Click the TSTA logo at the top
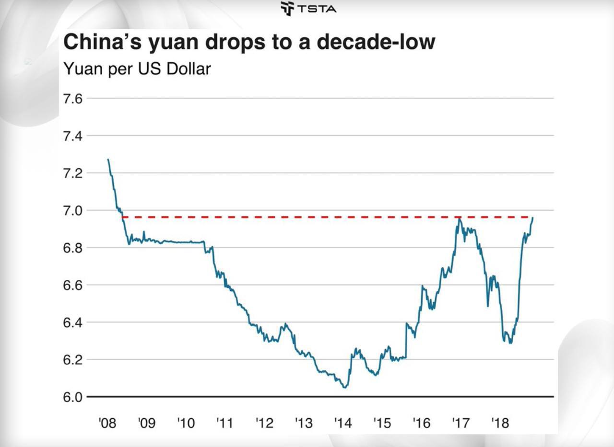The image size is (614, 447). [308, 8]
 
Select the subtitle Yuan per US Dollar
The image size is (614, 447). [137, 69]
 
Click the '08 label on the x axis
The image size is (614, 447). [107, 424]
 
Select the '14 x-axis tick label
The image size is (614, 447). [342, 424]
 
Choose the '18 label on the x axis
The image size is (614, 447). [499, 424]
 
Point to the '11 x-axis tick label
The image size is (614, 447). [224, 424]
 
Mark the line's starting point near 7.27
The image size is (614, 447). [108, 160]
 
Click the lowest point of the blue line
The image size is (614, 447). [344, 387]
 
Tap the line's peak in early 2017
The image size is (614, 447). [459, 218]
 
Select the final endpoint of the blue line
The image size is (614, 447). [532, 218]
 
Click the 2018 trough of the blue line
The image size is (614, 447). [510, 343]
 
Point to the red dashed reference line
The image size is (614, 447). [288, 217]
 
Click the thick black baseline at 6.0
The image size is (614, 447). [288, 397]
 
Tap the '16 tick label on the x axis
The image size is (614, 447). [421, 424]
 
